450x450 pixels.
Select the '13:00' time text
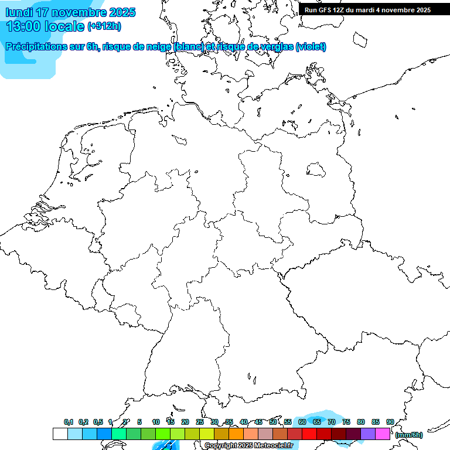tap(23, 26)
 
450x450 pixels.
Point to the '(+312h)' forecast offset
tap(104, 27)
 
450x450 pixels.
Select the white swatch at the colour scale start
tap(60, 434)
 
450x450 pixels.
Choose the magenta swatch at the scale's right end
tap(383, 434)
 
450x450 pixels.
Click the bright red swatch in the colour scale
tap(309, 434)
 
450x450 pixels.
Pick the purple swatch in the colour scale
tap(368, 434)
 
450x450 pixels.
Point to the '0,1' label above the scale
tap(69, 422)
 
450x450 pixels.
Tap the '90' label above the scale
tap(390, 422)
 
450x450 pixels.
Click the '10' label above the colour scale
tap(156, 422)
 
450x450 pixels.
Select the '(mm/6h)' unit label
tap(409, 435)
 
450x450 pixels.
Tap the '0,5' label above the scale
tap(97, 422)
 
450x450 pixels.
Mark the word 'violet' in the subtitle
tap(311, 47)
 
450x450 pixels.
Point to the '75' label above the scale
tap(346, 422)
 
